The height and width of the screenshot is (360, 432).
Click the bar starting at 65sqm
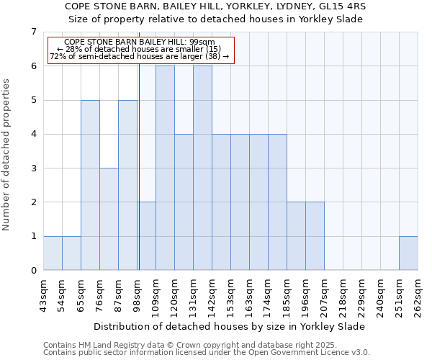pos(90,185)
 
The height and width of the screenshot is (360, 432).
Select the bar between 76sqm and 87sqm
pos(109,219)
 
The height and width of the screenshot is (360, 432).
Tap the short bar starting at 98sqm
pos(147,236)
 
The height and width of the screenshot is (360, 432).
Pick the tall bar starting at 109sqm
pos(165,168)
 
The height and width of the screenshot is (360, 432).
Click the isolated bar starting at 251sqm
pos(408,253)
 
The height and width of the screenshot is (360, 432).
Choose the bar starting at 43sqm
pos(53,253)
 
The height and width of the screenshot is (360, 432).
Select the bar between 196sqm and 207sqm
pos(315,236)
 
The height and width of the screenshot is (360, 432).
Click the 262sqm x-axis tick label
pos(418,296)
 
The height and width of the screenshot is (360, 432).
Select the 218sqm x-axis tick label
pos(343,296)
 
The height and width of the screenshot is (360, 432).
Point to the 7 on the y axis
pos(33,32)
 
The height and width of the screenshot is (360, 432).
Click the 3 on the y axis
pos(33,168)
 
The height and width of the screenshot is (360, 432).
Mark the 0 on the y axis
pos(33,271)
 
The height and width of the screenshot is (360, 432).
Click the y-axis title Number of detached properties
pos(6,154)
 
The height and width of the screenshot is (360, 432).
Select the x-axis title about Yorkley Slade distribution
pos(230,326)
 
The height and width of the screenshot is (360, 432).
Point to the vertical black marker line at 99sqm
pos(138,166)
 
